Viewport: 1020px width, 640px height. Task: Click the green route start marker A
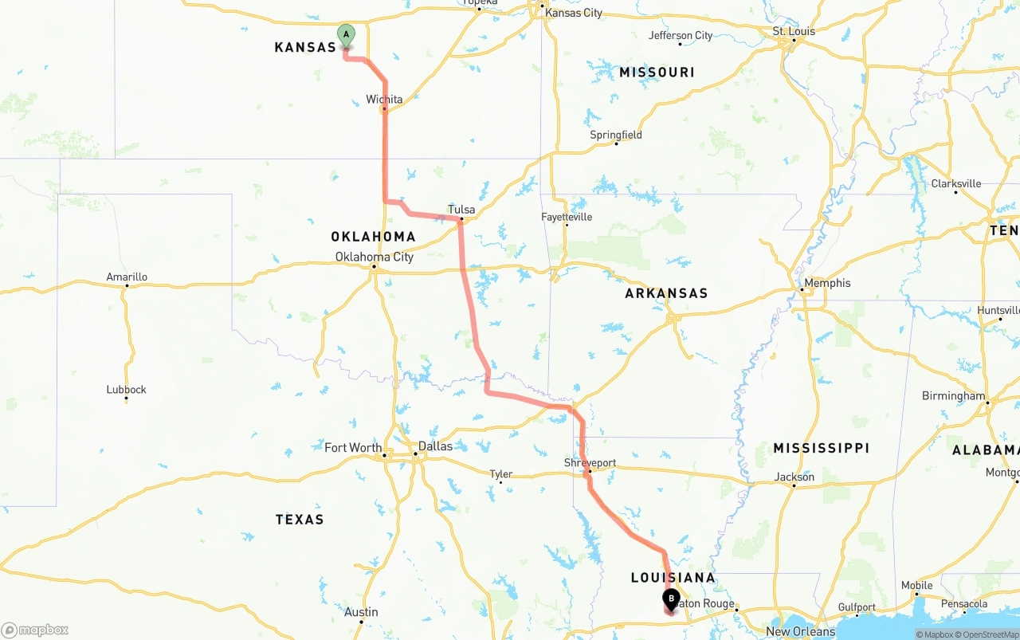click(346, 34)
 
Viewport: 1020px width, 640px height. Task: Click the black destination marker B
click(671, 599)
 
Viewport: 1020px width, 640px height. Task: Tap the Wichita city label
click(384, 100)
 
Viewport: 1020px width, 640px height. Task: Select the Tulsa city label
click(461, 210)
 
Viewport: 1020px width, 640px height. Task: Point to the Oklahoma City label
click(375, 257)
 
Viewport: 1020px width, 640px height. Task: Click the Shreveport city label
click(590, 463)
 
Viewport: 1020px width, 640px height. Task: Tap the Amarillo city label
click(127, 277)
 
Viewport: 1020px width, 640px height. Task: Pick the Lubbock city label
click(127, 390)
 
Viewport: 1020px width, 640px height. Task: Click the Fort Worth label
click(353, 448)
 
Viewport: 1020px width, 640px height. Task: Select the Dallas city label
click(435, 446)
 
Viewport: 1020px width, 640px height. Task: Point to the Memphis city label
click(827, 283)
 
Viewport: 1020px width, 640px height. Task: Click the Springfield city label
click(616, 135)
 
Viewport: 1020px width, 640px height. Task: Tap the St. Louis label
click(794, 31)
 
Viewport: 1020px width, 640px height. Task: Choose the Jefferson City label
click(681, 35)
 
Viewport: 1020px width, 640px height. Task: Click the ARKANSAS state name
click(666, 293)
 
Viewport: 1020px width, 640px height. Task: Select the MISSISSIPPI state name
click(821, 449)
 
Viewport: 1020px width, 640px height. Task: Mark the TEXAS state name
click(300, 520)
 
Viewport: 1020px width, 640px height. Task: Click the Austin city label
click(361, 612)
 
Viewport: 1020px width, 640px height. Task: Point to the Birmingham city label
click(953, 396)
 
